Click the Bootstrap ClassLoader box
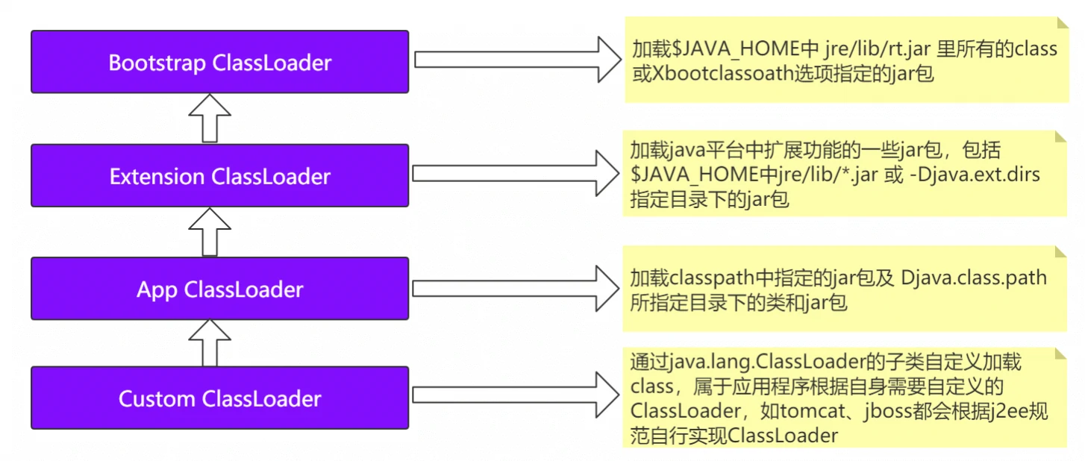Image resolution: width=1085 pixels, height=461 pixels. click(219, 62)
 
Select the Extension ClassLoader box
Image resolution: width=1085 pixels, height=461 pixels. click(219, 176)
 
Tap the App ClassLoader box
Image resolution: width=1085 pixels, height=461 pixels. click(219, 289)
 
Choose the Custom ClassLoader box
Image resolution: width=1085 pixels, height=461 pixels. click(219, 398)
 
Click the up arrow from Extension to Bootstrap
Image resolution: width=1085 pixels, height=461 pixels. click(209, 119)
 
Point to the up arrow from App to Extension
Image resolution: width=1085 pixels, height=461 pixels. click(209, 232)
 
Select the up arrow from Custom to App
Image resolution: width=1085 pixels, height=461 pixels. click(209, 343)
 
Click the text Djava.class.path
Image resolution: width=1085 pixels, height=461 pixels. click(974, 278)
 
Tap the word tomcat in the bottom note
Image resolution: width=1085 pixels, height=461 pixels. click(811, 412)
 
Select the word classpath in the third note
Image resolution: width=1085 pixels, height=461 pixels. click(713, 278)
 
